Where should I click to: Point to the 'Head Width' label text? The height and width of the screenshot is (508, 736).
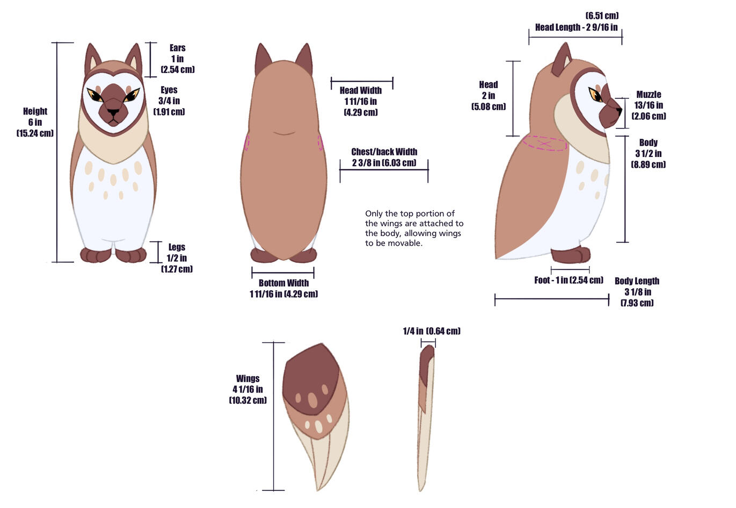click(x=361, y=90)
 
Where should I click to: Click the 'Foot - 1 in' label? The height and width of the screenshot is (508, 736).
click(x=569, y=280)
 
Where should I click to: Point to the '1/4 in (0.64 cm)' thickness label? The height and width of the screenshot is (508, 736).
click(x=432, y=331)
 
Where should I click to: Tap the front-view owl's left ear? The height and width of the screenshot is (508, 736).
click(x=92, y=59)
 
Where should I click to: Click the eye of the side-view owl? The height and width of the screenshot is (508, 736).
click(x=595, y=95)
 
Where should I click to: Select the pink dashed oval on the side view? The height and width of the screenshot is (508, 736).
click(x=544, y=144)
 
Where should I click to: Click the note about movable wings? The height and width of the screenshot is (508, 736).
click(x=414, y=228)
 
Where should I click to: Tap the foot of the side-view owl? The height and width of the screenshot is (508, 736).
click(x=571, y=255)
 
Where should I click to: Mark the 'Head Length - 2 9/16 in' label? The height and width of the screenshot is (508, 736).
click(x=576, y=27)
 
